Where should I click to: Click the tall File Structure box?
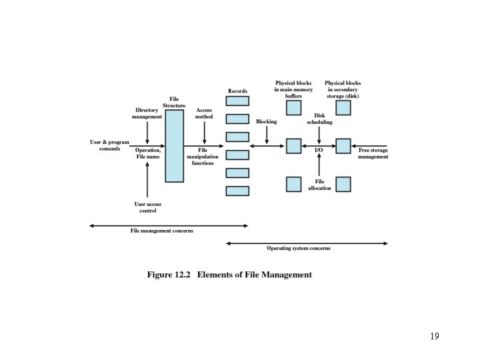click(174, 146)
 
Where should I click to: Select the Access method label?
click(204, 113)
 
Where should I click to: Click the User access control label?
click(147, 207)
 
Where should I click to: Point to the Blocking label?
click(266, 122)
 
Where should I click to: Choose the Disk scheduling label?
click(319, 119)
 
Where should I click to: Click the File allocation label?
click(319, 185)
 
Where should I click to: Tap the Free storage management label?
click(373, 153)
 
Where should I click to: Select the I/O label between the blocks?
click(319, 151)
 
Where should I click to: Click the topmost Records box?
click(237, 101)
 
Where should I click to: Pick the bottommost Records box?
click(237, 191)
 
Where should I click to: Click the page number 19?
click(434, 336)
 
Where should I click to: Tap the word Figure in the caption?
click(159, 275)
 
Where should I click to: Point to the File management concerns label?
click(161, 231)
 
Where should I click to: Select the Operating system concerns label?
click(298, 248)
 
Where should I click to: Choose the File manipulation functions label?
click(203, 157)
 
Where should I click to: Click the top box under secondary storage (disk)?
click(343, 108)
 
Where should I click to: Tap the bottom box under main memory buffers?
click(294, 184)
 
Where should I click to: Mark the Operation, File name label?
click(147, 153)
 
